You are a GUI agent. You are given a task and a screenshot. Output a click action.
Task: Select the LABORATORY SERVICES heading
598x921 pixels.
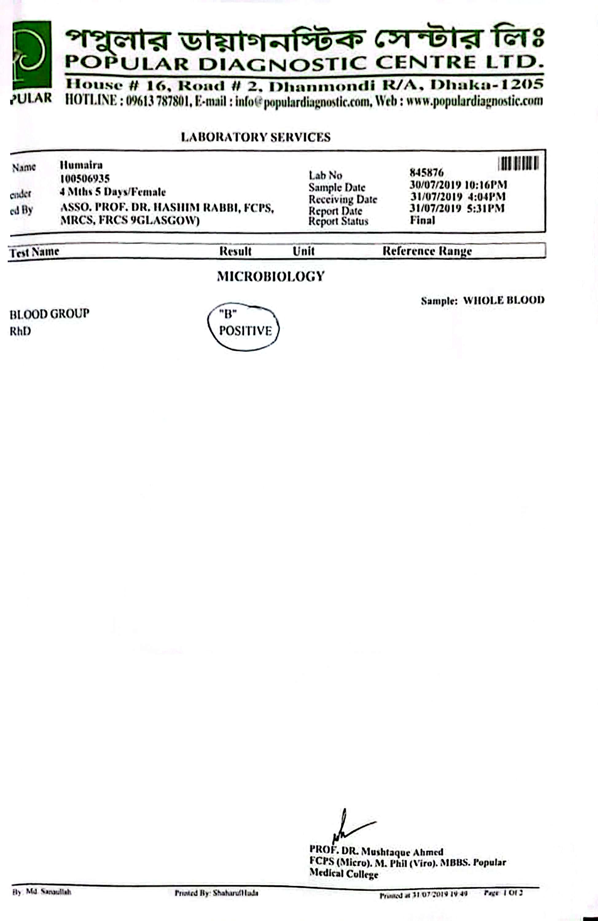(x=256, y=137)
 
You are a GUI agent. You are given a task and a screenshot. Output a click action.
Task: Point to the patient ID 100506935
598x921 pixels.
(x=85, y=178)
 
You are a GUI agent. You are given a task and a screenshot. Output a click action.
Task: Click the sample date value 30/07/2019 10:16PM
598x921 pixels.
(x=458, y=185)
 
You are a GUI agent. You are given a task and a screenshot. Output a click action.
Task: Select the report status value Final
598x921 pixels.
(x=422, y=220)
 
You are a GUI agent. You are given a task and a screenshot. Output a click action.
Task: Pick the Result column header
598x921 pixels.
(x=235, y=251)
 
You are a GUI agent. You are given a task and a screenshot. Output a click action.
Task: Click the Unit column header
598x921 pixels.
(x=303, y=251)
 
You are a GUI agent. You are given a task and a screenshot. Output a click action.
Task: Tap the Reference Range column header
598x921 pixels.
(x=427, y=251)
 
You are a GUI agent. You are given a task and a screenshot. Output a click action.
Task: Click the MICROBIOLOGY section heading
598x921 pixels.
(x=270, y=276)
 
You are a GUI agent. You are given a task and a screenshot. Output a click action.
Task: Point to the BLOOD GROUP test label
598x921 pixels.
(x=49, y=313)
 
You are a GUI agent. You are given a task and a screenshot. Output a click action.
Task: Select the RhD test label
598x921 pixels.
(x=20, y=331)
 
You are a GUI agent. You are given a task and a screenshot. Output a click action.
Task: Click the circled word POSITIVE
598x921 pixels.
(x=245, y=331)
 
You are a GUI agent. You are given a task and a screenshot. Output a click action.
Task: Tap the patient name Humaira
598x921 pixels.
(x=81, y=165)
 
